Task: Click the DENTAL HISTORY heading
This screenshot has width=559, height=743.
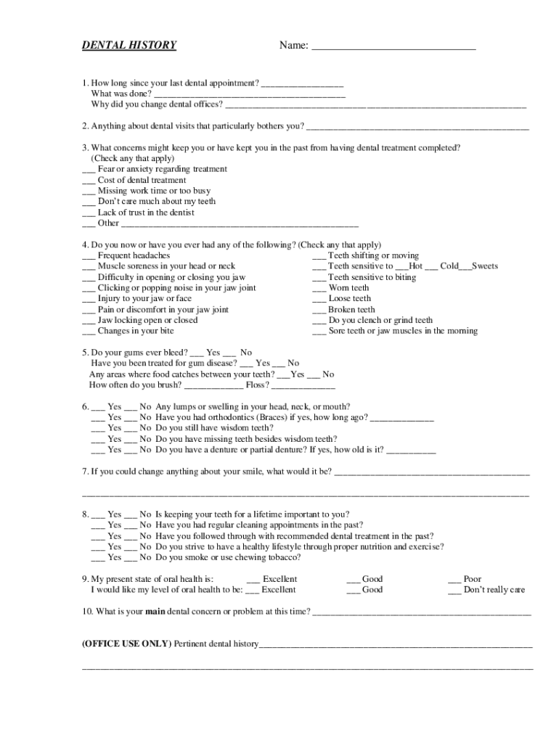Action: coord(128,46)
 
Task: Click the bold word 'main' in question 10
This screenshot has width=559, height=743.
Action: coord(156,612)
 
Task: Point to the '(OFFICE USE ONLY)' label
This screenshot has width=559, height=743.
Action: coord(126,644)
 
